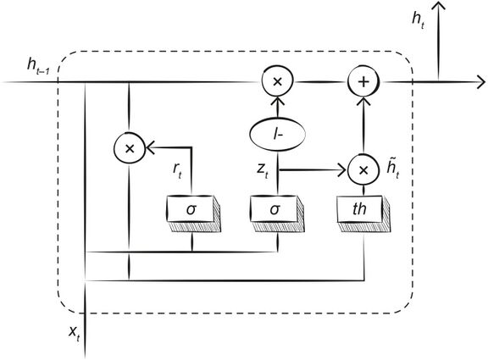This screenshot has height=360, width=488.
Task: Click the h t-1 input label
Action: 38,66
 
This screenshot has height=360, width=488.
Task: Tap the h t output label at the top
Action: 418,20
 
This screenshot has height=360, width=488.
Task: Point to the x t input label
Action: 75,334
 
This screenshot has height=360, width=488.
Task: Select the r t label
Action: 177,170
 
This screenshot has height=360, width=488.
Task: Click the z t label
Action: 262,170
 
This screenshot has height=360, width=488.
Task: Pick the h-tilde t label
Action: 392,170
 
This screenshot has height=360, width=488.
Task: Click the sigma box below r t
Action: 193,213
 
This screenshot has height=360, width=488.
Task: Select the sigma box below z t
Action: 278,213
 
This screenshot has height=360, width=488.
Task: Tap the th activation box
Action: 363,213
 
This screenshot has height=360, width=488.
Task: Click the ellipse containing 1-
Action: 277,135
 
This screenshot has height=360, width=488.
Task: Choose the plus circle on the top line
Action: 363,82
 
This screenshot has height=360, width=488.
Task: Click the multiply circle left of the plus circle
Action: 277,82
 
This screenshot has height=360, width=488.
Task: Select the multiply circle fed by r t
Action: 129,148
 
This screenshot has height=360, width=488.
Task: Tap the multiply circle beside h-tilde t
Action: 363,170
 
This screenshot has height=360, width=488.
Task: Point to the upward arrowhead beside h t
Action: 439,7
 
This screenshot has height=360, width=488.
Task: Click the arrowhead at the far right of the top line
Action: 481,83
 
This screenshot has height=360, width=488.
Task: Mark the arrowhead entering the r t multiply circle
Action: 150,147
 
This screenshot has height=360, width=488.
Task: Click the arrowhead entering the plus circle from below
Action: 363,101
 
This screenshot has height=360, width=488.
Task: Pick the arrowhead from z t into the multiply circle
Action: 343,170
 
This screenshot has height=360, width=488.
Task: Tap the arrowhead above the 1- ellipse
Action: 277,101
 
